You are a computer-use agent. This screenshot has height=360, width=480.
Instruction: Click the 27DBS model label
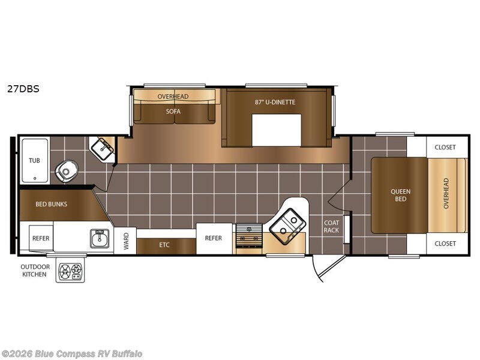[x=23, y=89]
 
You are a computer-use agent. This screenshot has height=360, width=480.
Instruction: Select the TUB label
[x=34, y=160]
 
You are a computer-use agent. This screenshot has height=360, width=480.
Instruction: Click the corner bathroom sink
[x=103, y=149]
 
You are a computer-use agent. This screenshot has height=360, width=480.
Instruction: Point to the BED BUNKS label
[x=51, y=204]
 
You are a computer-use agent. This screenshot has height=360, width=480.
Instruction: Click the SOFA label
[x=173, y=112]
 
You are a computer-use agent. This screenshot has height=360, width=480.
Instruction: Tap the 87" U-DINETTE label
[x=275, y=102]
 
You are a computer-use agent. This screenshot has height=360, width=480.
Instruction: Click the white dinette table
[x=277, y=130]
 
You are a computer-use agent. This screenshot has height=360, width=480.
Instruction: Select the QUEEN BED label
[x=400, y=195]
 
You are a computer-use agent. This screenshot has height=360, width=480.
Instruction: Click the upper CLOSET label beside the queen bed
[x=445, y=147]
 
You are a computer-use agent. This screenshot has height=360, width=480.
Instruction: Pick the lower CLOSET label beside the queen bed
[x=445, y=244]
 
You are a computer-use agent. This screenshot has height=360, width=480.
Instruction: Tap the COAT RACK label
[x=332, y=226]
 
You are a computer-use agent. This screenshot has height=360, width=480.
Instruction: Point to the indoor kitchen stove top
[x=249, y=235]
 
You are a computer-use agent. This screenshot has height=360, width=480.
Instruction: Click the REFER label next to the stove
[x=214, y=238]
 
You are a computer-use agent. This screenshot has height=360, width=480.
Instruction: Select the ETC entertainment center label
[x=164, y=245]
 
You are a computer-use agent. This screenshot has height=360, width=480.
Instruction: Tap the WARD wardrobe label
[x=126, y=241]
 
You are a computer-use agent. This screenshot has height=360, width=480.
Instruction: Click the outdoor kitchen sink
[x=100, y=238]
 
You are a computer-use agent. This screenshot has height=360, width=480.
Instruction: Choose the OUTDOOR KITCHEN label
[x=35, y=271]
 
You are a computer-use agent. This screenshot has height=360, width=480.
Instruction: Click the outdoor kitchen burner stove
[x=70, y=271]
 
